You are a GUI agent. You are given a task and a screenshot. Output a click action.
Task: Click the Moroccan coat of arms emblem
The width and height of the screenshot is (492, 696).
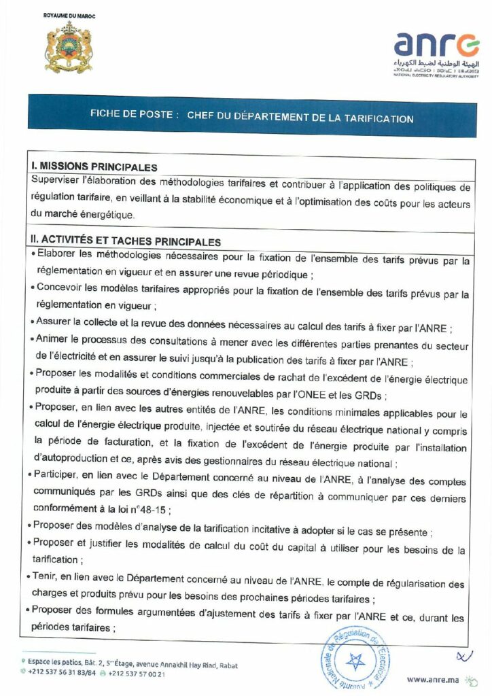(68, 48)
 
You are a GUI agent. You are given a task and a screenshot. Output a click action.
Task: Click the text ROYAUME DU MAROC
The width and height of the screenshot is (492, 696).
(69, 14)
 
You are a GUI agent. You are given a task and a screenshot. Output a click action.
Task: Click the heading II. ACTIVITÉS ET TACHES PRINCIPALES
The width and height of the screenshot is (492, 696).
(126, 241)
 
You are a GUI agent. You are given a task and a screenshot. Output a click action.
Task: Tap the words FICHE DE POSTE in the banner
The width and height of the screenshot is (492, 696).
(134, 115)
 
